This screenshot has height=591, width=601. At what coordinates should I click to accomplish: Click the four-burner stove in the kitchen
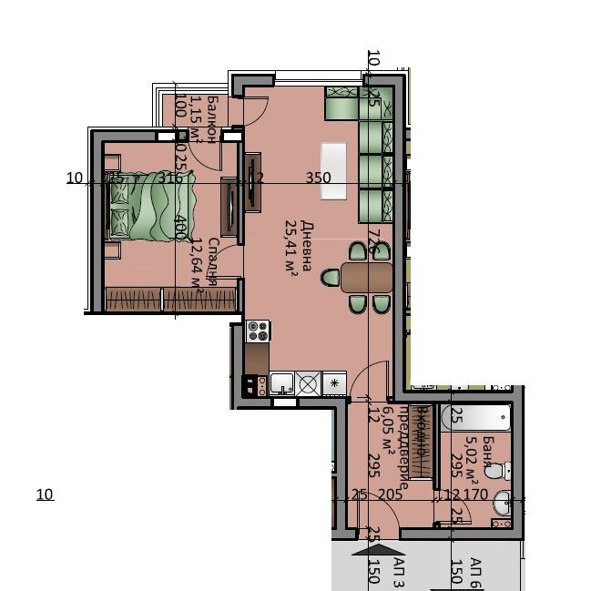tap(258, 331)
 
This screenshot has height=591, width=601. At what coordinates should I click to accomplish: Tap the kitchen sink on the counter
tap(281, 384)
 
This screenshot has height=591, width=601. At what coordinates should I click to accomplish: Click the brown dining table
tap(366, 277)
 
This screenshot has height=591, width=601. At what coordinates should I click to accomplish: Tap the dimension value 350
tap(318, 178)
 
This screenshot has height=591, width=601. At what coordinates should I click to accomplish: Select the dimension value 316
tap(169, 178)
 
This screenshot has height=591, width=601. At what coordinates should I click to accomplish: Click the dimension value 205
tap(390, 494)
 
